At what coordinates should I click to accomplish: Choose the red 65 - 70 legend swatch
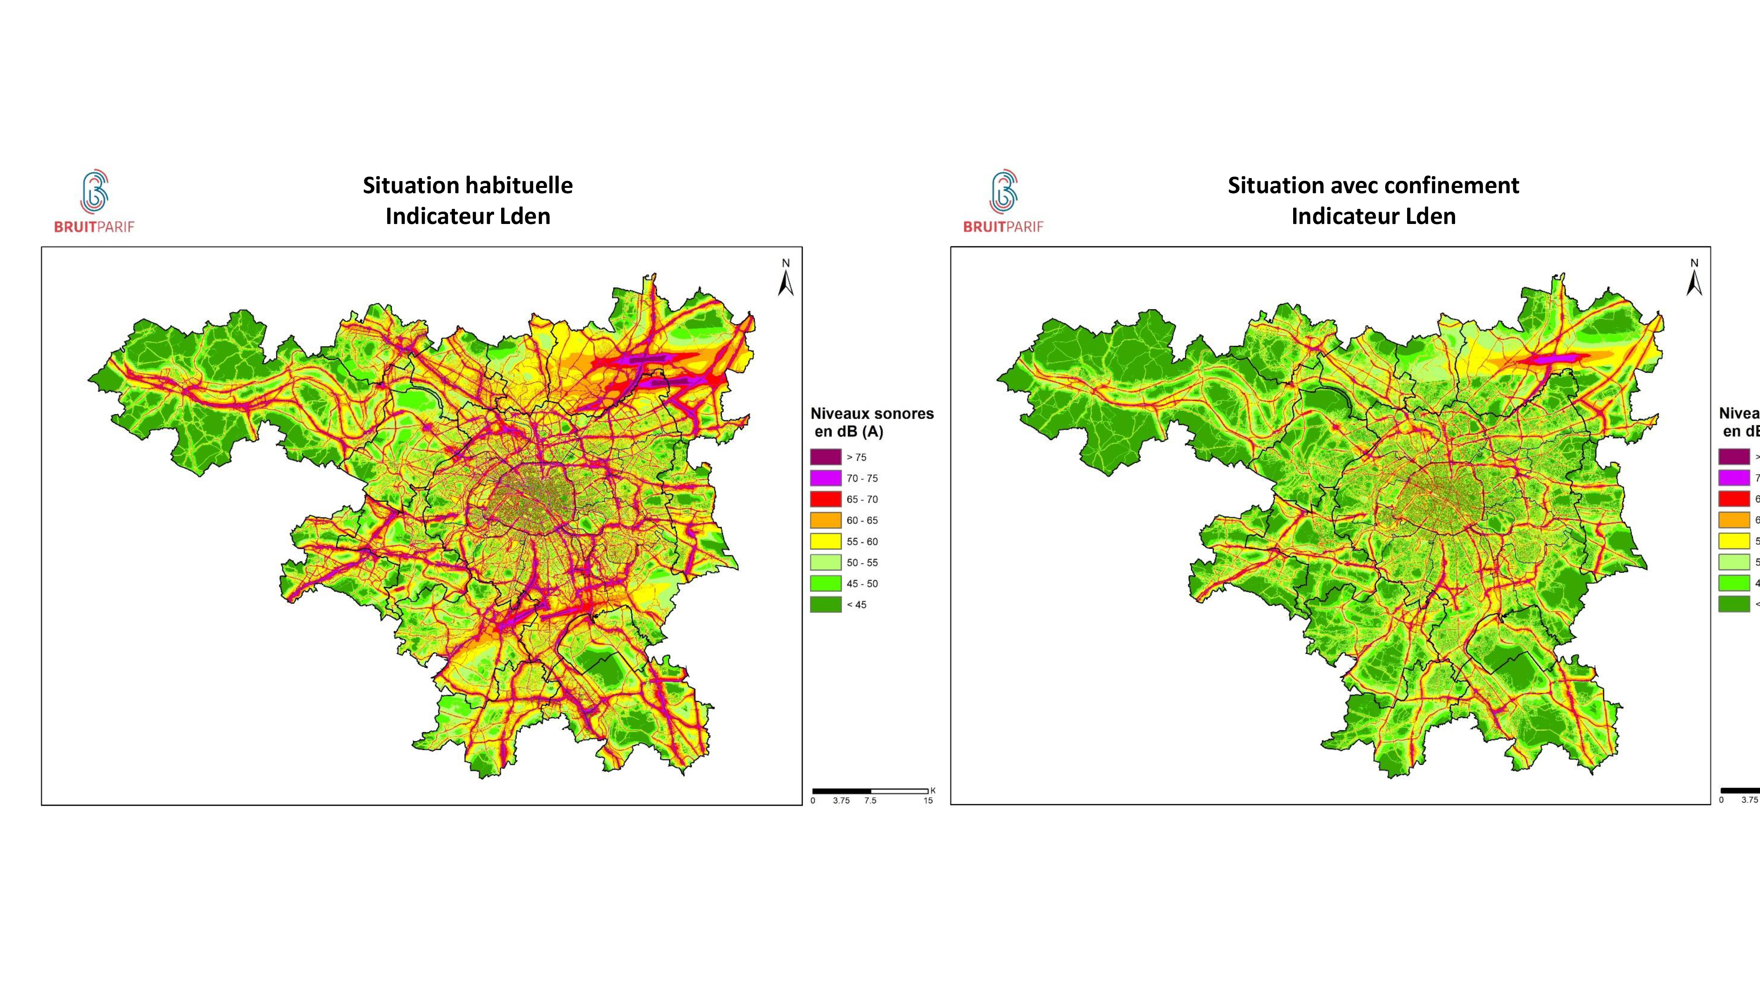tap(825, 499)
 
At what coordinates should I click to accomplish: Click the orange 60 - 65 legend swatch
tap(825, 521)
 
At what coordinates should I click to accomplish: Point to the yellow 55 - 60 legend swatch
tap(825, 542)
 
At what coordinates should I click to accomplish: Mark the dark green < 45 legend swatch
tap(825, 605)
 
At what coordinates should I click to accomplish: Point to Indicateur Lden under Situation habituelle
tap(468, 216)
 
